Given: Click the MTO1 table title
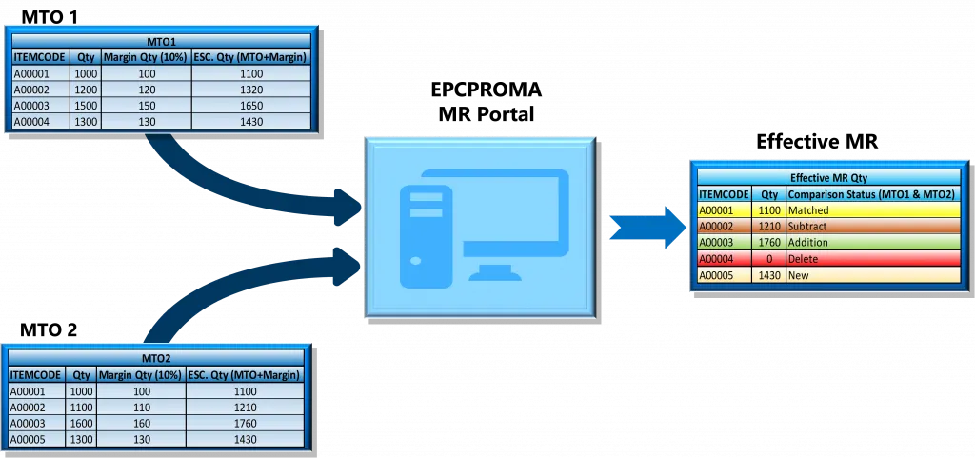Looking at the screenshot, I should point(161,41).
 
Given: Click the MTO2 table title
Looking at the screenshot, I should point(156,358).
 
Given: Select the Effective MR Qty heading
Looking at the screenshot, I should point(828,177).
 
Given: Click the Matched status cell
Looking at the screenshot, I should point(871,210).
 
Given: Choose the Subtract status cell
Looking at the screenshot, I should point(871,227).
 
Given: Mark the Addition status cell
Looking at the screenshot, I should point(871,243).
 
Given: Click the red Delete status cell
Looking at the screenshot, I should point(871,259).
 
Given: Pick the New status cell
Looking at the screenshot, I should point(871,275).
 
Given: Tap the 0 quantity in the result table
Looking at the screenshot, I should point(768,259).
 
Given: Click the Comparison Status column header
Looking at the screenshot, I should point(871,193).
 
